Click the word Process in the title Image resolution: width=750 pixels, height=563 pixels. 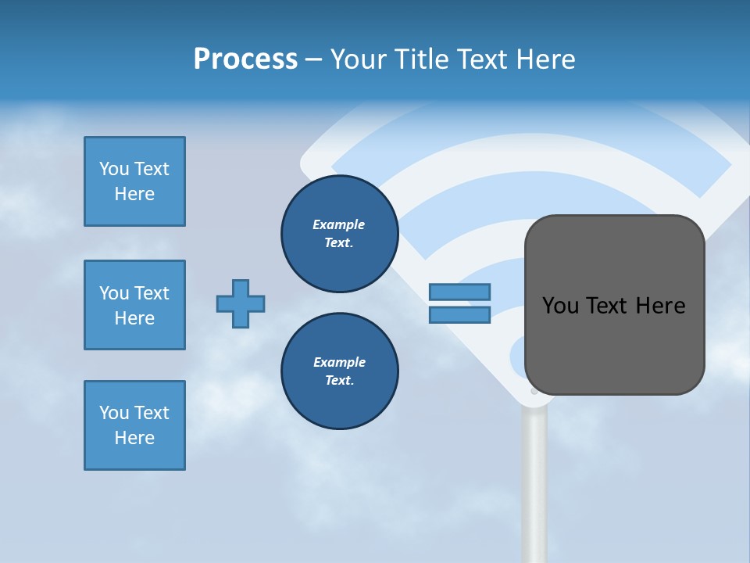[245, 59]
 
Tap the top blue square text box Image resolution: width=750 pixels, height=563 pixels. [134, 181]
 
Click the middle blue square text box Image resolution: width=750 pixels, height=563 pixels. [134, 305]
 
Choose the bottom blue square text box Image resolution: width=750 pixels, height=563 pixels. [134, 425]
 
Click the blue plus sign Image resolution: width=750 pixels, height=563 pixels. [241, 303]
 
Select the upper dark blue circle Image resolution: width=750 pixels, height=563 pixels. [340, 233]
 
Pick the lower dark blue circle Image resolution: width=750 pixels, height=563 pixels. [340, 371]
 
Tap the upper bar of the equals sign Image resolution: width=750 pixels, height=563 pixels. [459, 292]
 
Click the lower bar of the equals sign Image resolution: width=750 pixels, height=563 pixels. [459, 314]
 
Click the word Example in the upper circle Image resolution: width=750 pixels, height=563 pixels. [338, 224]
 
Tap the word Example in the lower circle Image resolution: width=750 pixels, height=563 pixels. [339, 362]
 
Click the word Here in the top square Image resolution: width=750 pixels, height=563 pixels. [134, 194]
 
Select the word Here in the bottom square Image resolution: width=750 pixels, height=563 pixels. [134, 438]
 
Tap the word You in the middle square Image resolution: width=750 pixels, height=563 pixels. [113, 293]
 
